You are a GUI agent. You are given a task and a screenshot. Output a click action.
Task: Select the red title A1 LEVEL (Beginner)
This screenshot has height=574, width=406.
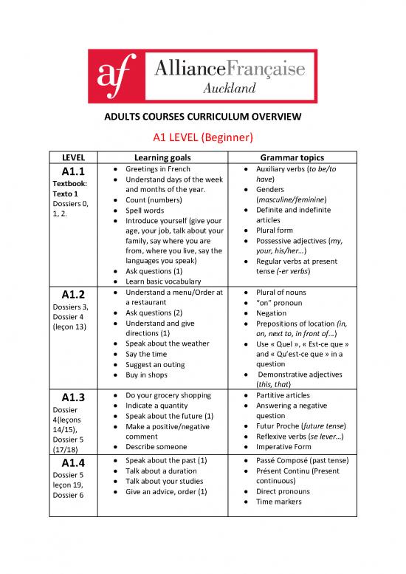point(202,139)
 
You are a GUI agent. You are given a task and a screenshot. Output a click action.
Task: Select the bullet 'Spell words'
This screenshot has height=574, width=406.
point(145,210)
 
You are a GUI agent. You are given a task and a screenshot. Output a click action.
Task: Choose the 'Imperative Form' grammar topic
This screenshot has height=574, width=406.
point(284,446)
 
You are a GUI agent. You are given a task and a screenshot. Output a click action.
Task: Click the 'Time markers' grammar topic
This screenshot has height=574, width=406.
point(281,502)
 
